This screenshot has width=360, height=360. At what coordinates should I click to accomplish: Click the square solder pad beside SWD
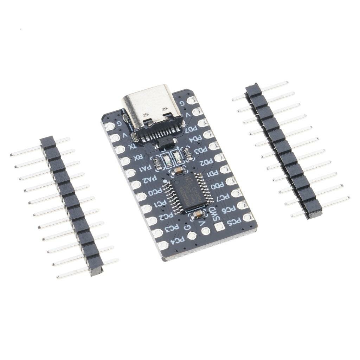click(x=219, y=226)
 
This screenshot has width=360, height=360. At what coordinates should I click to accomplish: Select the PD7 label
click(x=192, y=129)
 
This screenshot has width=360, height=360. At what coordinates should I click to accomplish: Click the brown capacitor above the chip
click(x=178, y=171)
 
